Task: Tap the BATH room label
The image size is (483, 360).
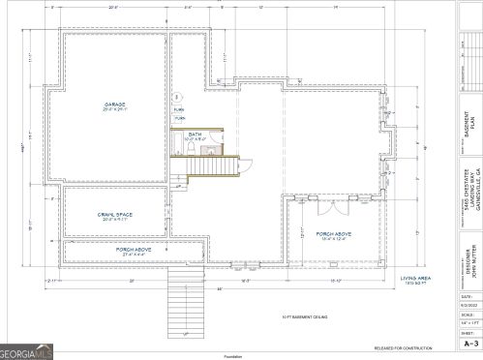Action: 194,135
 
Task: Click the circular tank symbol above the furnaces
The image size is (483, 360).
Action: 177,98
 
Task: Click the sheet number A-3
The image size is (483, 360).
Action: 471,343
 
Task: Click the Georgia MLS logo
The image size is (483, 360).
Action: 28,345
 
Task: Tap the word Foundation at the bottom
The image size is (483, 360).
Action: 241,354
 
